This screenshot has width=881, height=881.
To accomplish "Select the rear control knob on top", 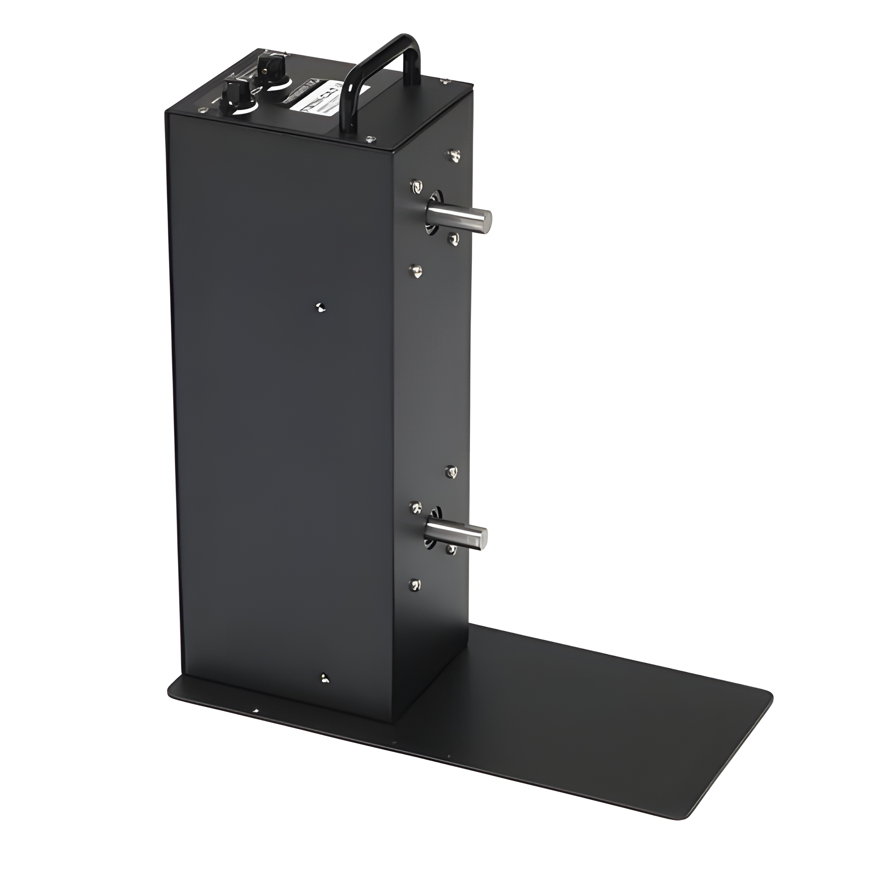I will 270,64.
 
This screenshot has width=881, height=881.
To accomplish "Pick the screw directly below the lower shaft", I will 452,550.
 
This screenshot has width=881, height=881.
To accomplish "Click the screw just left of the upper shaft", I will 416,186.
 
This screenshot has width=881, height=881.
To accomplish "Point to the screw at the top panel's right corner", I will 444,81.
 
